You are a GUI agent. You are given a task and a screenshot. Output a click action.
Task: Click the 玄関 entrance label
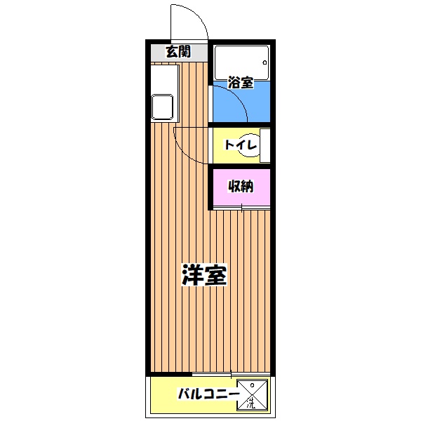pyautogui.click(x=178, y=51)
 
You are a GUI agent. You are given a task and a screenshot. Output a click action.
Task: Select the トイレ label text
pyautogui.click(x=239, y=145)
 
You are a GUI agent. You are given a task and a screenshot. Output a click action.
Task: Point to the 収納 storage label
pyautogui.click(x=241, y=187)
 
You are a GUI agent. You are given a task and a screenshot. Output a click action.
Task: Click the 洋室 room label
pyautogui.click(x=204, y=275)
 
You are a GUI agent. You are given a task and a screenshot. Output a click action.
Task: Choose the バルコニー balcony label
pyautogui.click(x=206, y=395)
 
